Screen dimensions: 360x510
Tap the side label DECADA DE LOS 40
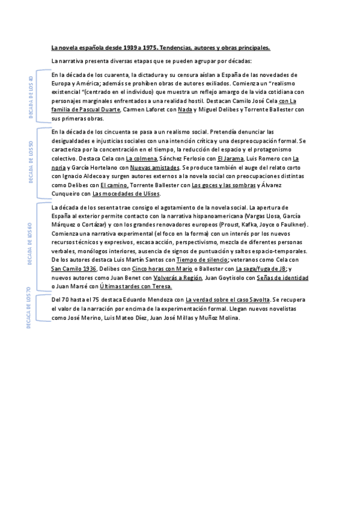point(31,97)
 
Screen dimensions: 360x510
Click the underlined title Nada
point(185,110)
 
